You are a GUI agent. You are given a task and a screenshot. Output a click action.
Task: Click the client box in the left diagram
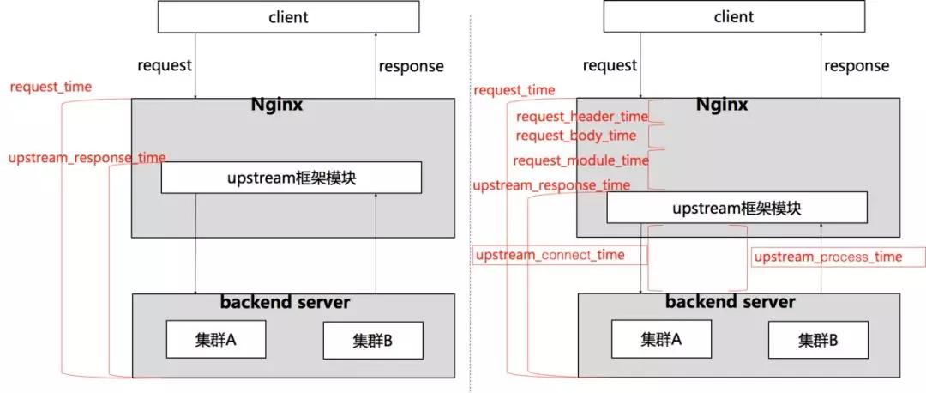click(x=288, y=16)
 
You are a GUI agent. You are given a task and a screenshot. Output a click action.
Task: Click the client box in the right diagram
click(x=734, y=16)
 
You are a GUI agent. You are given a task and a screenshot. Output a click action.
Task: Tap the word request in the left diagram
click(x=165, y=65)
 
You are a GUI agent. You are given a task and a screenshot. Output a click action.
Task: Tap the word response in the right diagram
click(x=857, y=66)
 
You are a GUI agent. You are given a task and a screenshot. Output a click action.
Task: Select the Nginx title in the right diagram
click(x=721, y=105)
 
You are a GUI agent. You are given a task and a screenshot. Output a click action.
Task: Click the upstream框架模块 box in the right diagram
click(x=737, y=208)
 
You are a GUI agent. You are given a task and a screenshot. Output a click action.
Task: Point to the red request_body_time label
click(x=575, y=136)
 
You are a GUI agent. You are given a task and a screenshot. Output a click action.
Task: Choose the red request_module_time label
click(x=580, y=160)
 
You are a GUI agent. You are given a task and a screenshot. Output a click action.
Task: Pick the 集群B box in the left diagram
click(x=372, y=341)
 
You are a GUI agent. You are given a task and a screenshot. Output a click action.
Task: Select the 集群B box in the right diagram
click(x=818, y=341)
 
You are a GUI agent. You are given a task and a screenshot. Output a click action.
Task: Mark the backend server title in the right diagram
click(x=730, y=302)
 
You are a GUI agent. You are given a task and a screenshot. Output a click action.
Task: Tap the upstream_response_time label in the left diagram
click(x=87, y=158)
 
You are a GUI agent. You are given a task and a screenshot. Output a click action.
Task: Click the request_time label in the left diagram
click(x=51, y=87)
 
